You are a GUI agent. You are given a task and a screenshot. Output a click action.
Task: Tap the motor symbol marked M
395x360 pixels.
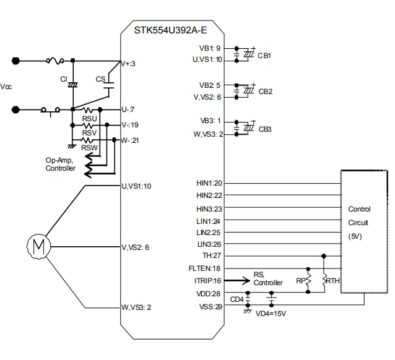[38, 245]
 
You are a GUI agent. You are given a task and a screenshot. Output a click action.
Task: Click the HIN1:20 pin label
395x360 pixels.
[209, 183]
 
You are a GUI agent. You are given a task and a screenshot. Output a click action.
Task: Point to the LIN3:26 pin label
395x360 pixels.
[209, 244]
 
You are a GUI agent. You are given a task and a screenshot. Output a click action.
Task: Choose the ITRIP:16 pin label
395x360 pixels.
[208, 281]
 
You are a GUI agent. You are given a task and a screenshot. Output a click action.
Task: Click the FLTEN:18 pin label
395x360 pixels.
[207, 268]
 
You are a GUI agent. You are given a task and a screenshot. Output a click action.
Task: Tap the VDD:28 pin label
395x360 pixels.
[210, 293]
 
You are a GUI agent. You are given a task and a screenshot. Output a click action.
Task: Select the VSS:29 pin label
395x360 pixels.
[210, 306]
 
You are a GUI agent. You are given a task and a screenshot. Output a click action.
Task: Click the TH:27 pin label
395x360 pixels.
[212, 256]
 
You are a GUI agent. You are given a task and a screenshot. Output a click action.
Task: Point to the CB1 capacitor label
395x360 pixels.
[265, 55]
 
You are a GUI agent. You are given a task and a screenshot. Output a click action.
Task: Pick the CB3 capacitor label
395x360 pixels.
[265, 129]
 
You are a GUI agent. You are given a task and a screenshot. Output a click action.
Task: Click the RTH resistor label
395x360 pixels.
[333, 280]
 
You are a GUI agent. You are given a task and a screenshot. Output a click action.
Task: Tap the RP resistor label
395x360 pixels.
[302, 280]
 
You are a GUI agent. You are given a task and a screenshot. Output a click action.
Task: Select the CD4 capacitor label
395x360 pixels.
[237, 300]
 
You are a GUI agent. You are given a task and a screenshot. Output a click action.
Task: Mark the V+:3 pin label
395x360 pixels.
[129, 63]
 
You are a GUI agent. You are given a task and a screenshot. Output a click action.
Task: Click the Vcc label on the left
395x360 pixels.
[7, 87]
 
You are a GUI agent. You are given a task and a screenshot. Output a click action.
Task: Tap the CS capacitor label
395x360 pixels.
[100, 79]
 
